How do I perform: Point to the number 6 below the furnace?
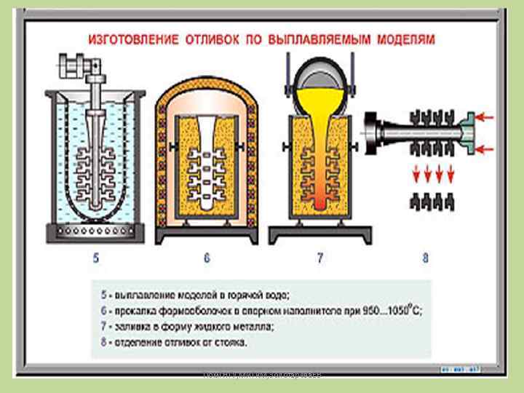pyautogui.click(x=207, y=258)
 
